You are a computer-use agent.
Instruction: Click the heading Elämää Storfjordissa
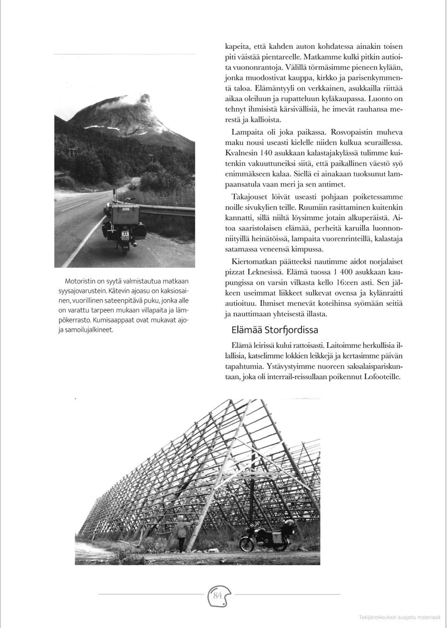pyautogui.click(x=275, y=330)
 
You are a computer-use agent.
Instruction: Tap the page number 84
pyautogui.click(x=218, y=595)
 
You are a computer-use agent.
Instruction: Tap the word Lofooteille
pyautogui.click(x=380, y=377)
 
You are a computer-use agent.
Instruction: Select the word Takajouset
pyautogui.click(x=250, y=197)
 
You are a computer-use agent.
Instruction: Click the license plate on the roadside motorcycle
pyautogui.click(x=125, y=235)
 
